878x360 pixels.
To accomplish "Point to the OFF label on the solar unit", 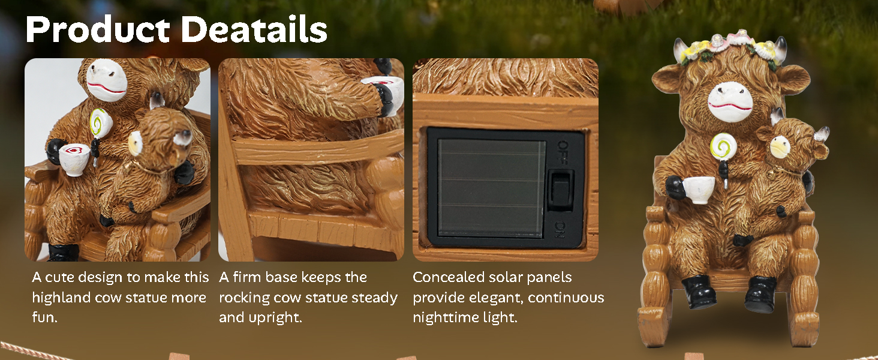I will pos(563,146).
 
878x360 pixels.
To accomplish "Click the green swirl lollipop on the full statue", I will pos(720,147).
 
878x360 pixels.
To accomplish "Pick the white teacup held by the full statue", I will pos(700,189).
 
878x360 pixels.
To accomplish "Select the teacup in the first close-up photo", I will pos(75,160).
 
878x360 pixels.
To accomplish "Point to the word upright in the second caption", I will pos(281,317).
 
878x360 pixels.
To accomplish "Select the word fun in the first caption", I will pos(44,317).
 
